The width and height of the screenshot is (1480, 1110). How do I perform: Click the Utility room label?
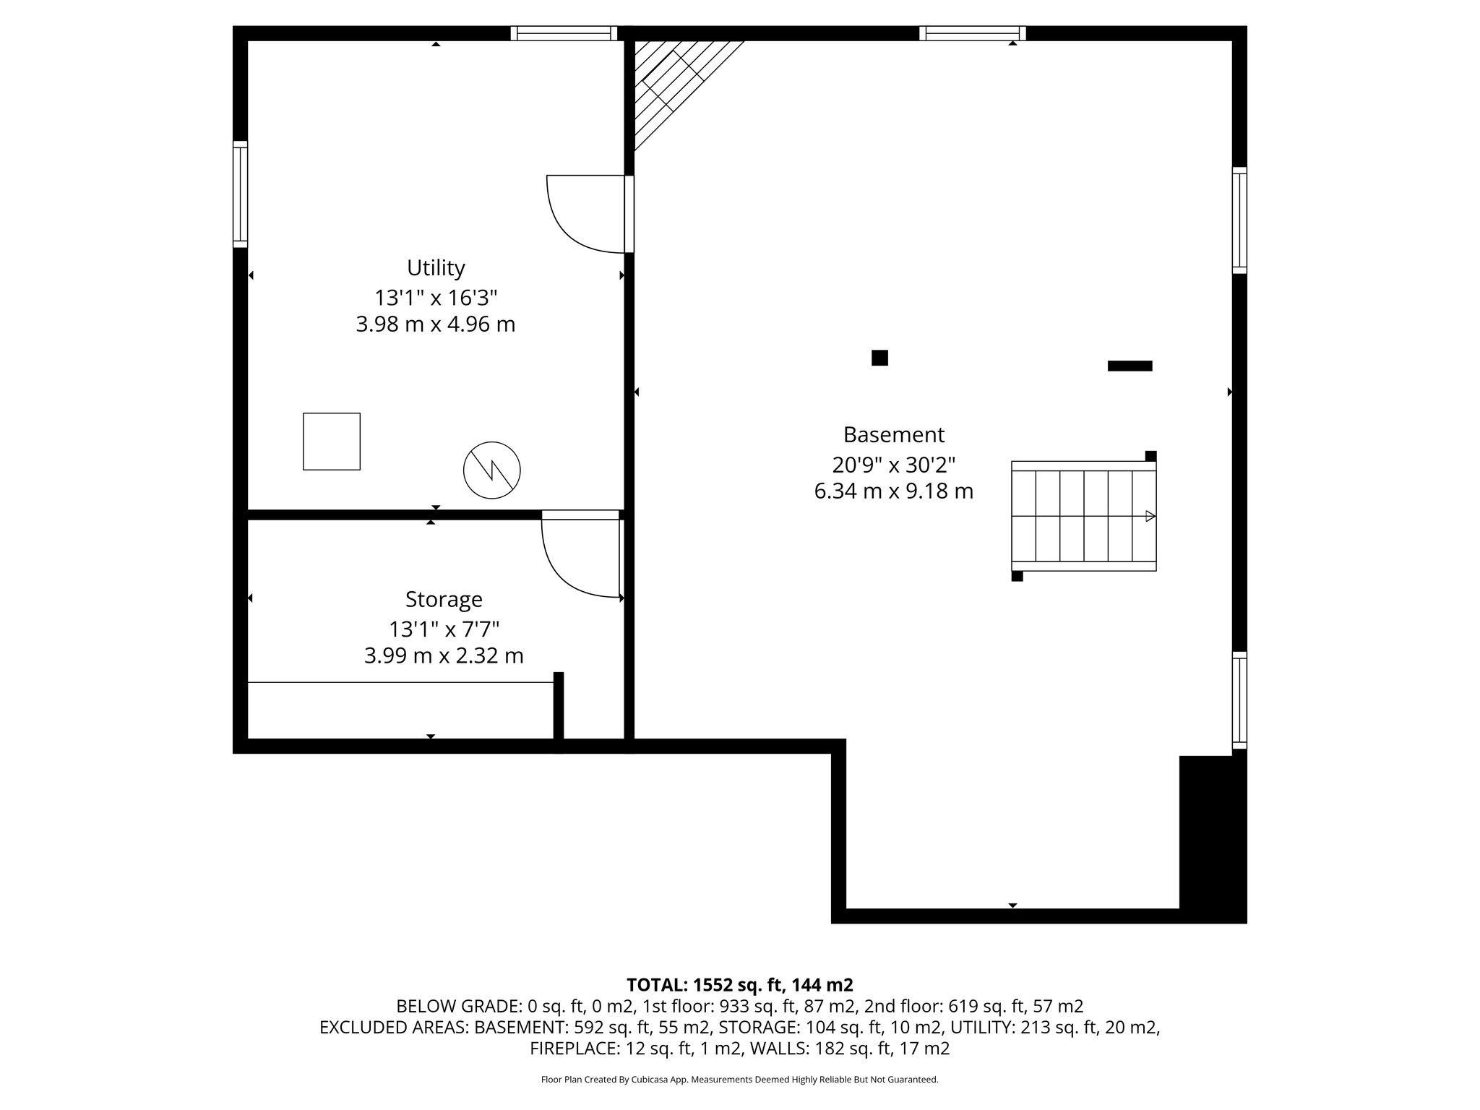pos(436,268)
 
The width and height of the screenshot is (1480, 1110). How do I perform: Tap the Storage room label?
pos(444,599)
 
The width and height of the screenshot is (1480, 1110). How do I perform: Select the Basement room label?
pos(894,434)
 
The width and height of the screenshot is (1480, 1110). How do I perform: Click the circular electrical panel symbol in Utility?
pos(491,470)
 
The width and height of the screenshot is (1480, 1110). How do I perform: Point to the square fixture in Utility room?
pos(332,442)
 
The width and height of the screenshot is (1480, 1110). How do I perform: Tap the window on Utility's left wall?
pos(240,194)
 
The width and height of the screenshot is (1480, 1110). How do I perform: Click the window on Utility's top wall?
pos(564,33)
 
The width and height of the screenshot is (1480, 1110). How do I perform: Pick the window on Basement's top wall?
pos(973,33)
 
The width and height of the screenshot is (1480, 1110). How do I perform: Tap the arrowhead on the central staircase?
pos(1150,516)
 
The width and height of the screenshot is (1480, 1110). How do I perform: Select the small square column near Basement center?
pos(879,358)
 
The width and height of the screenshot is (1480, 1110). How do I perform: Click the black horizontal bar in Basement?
pos(1130,366)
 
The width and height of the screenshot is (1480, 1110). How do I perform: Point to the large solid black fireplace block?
pos(1212,838)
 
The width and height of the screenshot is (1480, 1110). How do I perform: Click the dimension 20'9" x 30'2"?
pos(894,464)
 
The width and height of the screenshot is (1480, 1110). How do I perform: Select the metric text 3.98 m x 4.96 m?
pos(436,324)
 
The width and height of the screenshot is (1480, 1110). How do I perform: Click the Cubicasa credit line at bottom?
pos(739,1080)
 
